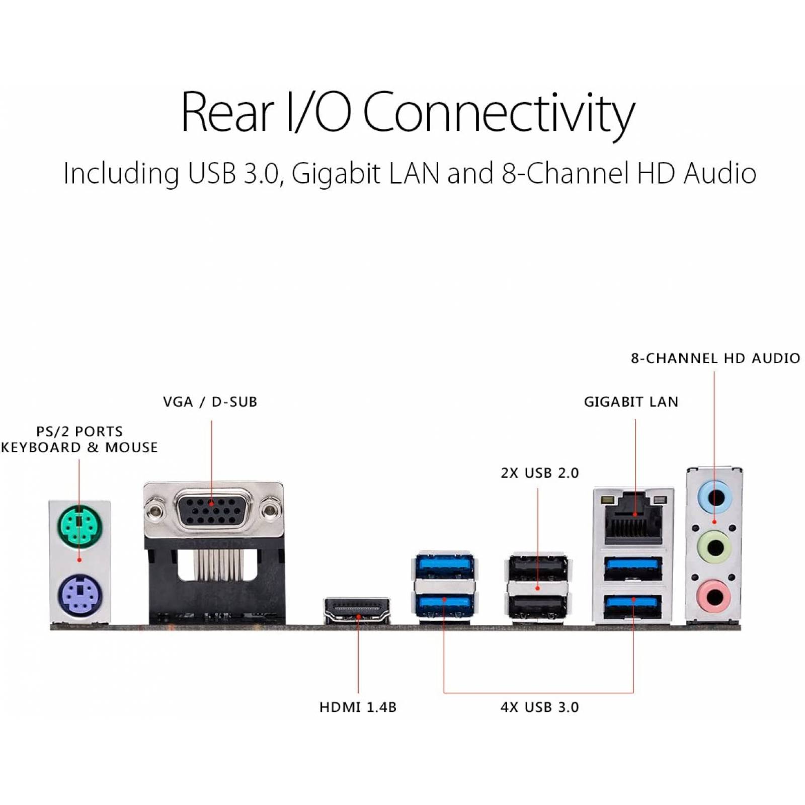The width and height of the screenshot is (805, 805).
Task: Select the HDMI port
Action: tap(357, 611)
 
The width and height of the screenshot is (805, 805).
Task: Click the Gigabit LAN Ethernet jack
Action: tap(633, 517)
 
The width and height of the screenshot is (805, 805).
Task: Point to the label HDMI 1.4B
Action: tap(358, 707)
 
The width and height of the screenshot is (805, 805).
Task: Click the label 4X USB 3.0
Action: tap(539, 707)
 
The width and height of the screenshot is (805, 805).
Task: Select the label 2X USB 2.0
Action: tap(539, 473)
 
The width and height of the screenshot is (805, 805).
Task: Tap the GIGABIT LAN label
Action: tap(631, 401)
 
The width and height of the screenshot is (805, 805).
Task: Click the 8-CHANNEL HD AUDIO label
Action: tap(715, 358)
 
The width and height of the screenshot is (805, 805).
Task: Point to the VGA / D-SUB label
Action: tap(210, 401)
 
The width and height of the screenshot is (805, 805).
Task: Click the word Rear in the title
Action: tap(227, 113)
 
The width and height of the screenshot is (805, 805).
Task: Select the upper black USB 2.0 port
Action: tap(538, 567)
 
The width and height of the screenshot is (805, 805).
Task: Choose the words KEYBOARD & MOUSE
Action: tap(79, 447)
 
